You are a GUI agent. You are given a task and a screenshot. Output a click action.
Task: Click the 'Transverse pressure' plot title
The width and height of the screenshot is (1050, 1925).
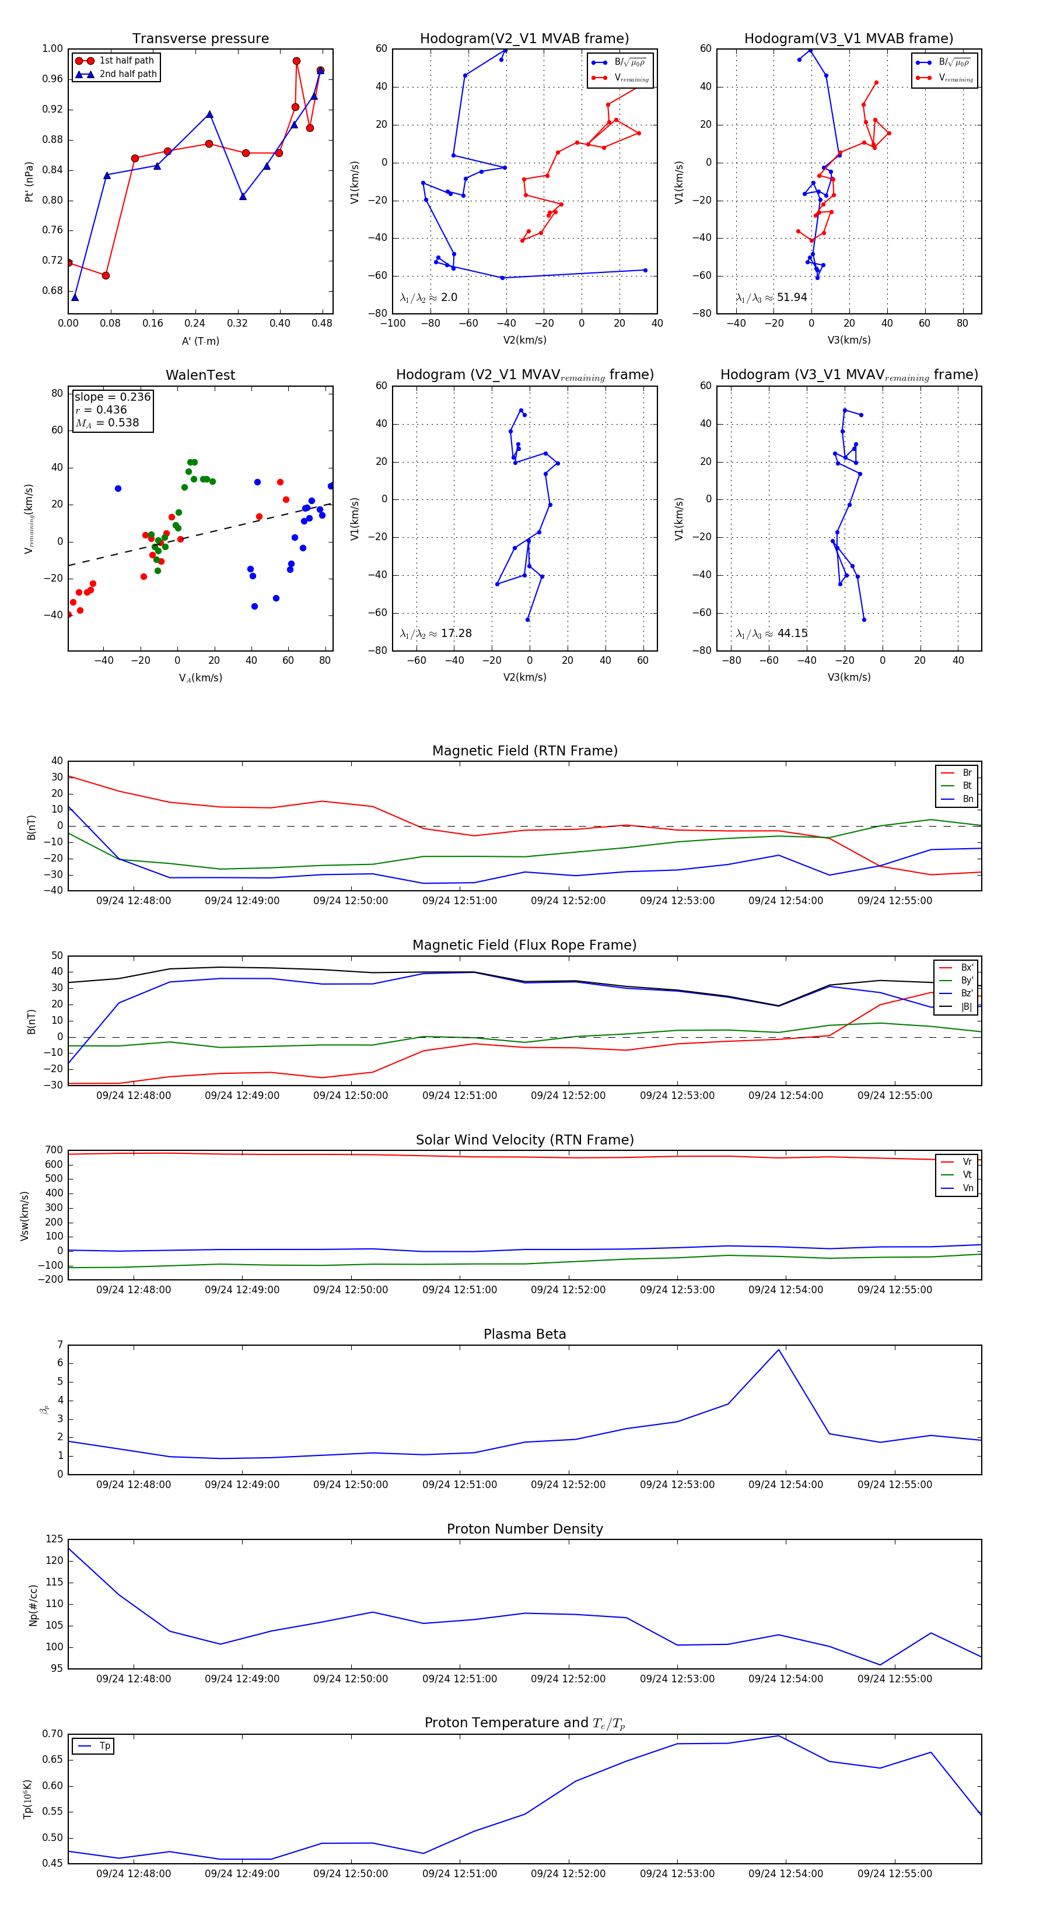pyautogui.click(x=200, y=39)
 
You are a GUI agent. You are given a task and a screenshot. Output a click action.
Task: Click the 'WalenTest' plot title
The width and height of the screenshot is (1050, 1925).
pyautogui.click(x=200, y=375)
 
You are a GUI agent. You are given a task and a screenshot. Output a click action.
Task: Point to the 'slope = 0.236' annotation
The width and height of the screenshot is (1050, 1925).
pyautogui.click(x=112, y=397)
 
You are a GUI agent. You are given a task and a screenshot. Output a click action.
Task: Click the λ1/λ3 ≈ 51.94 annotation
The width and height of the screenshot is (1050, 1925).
pyautogui.click(x=771, y=297)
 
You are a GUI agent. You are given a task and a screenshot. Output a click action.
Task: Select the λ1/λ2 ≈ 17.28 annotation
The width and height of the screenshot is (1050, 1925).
pyautogui.click(x=436, y=633)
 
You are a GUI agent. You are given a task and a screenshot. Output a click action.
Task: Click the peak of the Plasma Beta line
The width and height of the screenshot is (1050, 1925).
pyautogui.click(x=779, y=1350)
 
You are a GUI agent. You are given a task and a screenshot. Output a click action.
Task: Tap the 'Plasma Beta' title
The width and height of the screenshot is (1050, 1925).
pyautogui.click(x=524, y=1334)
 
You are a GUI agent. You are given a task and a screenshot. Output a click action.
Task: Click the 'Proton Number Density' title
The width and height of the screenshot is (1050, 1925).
pyautogui.click(x=524, y=1529)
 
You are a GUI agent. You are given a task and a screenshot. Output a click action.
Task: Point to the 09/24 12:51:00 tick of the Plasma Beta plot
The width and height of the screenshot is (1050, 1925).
pyautogui.click(x=460, y=1485)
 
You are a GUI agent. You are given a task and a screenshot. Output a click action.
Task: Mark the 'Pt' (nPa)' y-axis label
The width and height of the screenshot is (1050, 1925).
pyautogui.click(x=29, y=181)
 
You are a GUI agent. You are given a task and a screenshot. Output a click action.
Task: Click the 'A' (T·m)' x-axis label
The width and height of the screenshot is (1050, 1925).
pyautogui.click(x=200, y=341)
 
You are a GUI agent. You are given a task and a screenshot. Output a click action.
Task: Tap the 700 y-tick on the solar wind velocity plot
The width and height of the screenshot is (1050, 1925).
pyautogui.click(x=54, y=1150)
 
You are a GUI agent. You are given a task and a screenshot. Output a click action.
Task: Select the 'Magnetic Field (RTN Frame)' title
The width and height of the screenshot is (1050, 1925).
pyautogui.click(x=524, y=751)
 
